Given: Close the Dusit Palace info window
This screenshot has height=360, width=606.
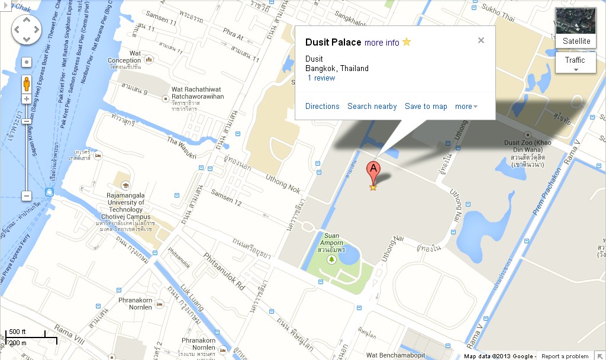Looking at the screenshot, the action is tap(481, 40).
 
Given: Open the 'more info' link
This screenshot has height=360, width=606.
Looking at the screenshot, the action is tap(382, 43).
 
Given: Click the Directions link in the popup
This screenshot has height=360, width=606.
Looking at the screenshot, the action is tap(323, 107).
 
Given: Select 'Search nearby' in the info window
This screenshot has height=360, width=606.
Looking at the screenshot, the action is tap(372, 107).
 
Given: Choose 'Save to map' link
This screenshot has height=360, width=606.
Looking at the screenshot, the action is tap(426, 107).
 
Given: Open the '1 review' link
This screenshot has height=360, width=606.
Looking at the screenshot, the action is tap(321, 78).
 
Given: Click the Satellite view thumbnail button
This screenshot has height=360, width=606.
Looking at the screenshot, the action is tap(576, 27).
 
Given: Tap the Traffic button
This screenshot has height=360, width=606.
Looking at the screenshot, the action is tap(575, 60).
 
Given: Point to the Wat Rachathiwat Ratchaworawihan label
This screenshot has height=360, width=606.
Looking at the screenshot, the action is tap(198, 94).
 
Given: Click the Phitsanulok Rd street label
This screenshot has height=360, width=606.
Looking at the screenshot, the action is tap(224, 271).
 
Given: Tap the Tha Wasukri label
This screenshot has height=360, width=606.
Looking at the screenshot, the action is tap(181, 148).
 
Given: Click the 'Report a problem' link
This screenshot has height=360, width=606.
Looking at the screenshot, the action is tap(565, 356).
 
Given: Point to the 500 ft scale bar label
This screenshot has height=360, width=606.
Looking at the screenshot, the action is tap(18, 332).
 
